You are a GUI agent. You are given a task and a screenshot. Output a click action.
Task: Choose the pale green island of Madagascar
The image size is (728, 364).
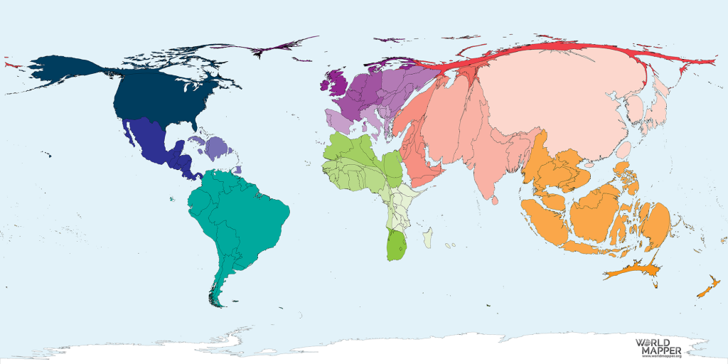[427, 237]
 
